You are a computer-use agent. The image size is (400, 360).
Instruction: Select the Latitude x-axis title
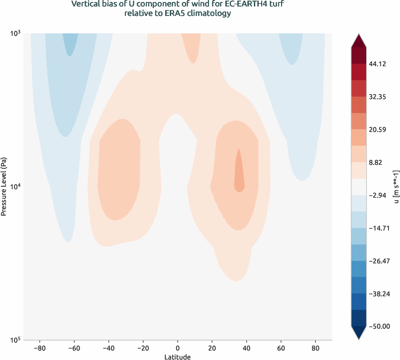pos(178,357)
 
